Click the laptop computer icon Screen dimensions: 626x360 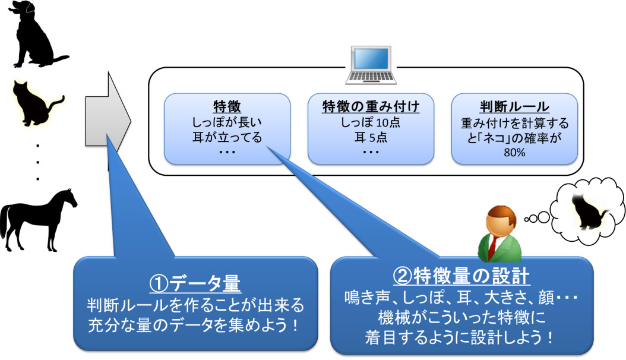tap(371, 65)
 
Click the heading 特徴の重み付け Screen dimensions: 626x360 tap(371, 106)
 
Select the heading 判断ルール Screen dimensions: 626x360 tap(514, 106)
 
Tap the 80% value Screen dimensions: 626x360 tap(514, 153)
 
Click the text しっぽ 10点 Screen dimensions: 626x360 tap(371, 122)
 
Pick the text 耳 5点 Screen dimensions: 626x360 tap(371, 137)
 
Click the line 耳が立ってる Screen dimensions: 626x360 tap(227, 137)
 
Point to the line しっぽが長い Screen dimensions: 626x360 tap(227, 122)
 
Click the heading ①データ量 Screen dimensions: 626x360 tap(195, 283)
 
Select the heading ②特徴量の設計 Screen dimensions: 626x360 tap(462, 276)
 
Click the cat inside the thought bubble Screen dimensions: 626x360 tap(587, 211)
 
